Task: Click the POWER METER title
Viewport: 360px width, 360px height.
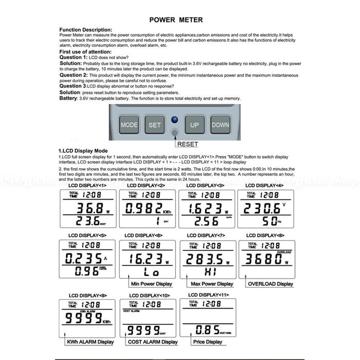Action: coord(176,20)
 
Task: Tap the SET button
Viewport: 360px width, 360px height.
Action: coord(155,124)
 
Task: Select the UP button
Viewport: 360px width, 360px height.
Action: coord(194,124)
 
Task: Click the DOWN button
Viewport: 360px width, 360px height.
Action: coord(220,124)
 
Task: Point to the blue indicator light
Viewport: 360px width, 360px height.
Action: coord(174,120)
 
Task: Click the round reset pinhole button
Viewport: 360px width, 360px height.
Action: coord(175,133)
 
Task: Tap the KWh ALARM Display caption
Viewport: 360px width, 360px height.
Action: coord(91,341)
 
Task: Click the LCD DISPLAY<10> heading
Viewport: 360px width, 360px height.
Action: coord(149,296)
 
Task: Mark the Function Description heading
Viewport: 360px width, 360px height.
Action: coord(86,29)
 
